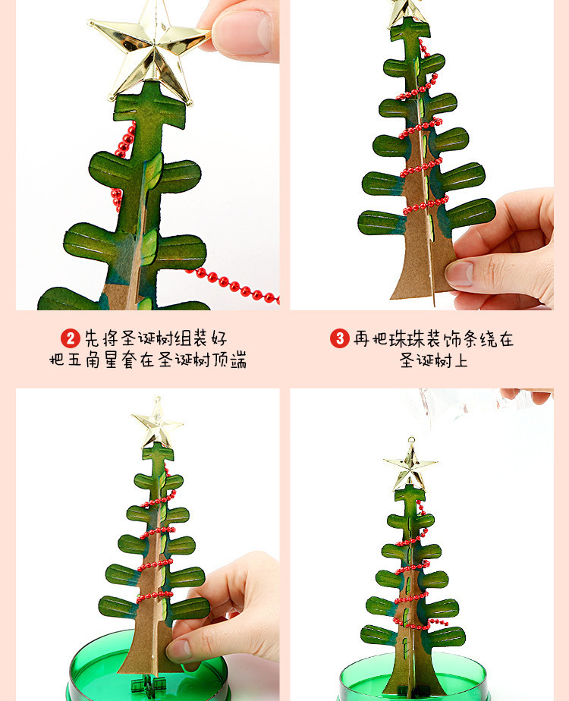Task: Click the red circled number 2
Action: tap(70, 338)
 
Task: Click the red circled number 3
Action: tap(340, 338)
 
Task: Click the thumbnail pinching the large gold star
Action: tap(243, 30)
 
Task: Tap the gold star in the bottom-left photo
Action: tap(157, 423)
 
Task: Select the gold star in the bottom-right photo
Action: tap(410, 465)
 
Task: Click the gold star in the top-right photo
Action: tap(407, 12)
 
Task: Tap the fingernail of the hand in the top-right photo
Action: tap(459, 274)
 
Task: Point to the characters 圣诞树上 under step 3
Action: tap(433, 360)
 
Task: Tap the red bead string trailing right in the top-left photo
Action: tap(233, 284)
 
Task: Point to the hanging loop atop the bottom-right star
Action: tap(410, 441)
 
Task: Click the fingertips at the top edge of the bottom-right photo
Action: tap(527, 395)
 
